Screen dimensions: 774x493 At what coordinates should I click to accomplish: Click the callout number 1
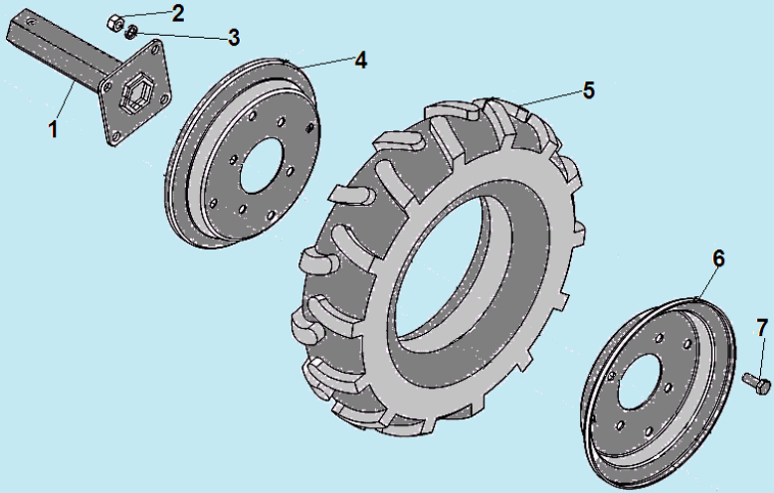(x=53, y=129)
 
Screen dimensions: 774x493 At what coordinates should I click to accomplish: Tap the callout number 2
(x=178, y=13)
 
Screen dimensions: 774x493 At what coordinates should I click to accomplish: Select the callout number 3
(x=234, y=38)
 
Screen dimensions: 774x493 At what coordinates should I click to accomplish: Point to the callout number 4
(x=361, y=61)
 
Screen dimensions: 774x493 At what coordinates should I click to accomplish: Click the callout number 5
(x=588, y=90)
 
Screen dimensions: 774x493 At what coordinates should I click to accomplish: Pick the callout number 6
(x=718, y=258)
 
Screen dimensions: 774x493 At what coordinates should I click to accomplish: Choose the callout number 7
(x=762, y=328)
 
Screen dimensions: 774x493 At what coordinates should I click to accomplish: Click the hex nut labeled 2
(x=115, y=23)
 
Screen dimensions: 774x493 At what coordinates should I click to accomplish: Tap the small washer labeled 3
(x=131, y=32)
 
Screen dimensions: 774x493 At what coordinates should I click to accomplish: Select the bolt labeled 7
(x=756, y=383)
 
